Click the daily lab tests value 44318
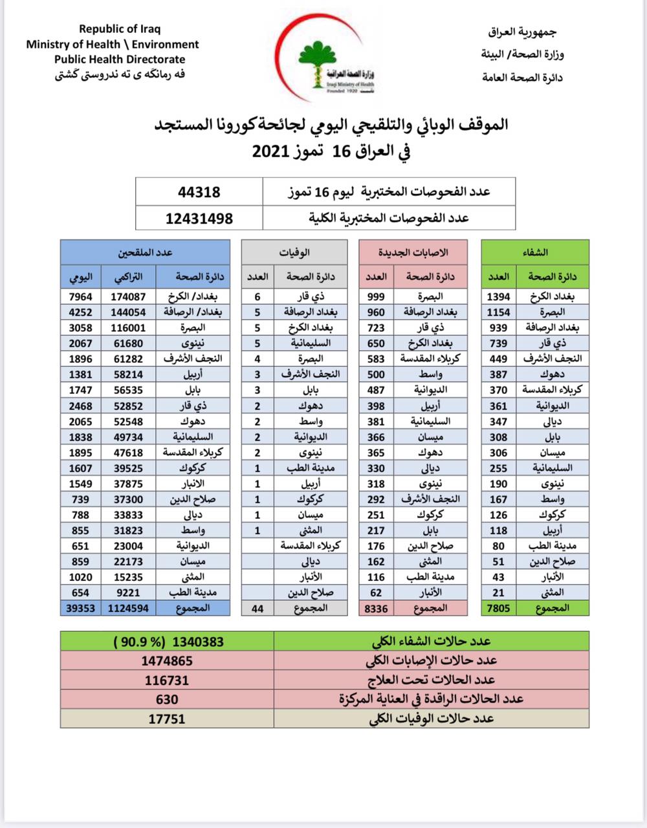(199, 192)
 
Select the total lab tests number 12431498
(199, 218)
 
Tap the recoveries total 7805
(498, 607)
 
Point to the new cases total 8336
(375, 607)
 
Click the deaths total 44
(258, 607)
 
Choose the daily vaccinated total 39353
(80, 607)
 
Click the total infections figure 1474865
(167, 660)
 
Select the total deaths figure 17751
(167, 719)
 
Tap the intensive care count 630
(167, 699)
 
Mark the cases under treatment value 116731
(167, 680)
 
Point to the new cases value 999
(376, 297)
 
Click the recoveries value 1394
(498, 297)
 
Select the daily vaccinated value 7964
(80, 297)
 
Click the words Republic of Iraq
(120, 29)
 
